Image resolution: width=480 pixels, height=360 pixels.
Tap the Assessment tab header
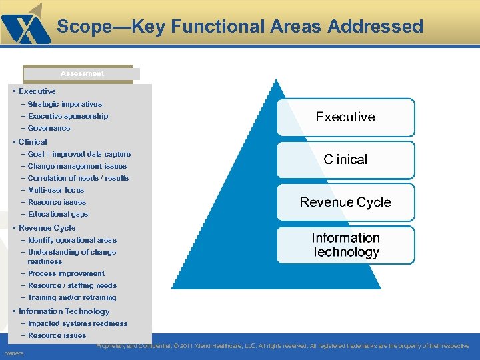point(82,73)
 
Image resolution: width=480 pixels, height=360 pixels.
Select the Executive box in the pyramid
point(345,117)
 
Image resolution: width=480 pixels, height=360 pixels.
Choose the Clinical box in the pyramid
point(345,159)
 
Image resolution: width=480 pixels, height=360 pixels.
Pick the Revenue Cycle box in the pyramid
point(345,202)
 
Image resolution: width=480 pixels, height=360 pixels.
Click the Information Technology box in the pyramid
point(345,245)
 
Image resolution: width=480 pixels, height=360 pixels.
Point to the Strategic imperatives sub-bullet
point(65,104)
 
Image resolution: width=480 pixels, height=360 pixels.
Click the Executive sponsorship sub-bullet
point(68,116)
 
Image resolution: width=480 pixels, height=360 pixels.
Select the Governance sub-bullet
point(49,128)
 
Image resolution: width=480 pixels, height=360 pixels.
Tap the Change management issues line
point(77,166)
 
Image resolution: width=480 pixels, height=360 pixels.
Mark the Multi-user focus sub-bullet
point(56,190)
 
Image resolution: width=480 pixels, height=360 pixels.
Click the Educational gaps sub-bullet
point(58,214)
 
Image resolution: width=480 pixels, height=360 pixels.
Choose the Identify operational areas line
point(72,240)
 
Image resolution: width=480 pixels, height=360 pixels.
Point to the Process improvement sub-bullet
point(66,273)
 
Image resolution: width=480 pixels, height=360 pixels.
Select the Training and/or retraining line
point(72,297)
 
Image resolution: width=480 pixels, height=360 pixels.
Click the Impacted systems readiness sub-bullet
point(77,323)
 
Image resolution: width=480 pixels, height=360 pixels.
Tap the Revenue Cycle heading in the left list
point(47,228)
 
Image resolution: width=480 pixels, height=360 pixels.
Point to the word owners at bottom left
point(13,353)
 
